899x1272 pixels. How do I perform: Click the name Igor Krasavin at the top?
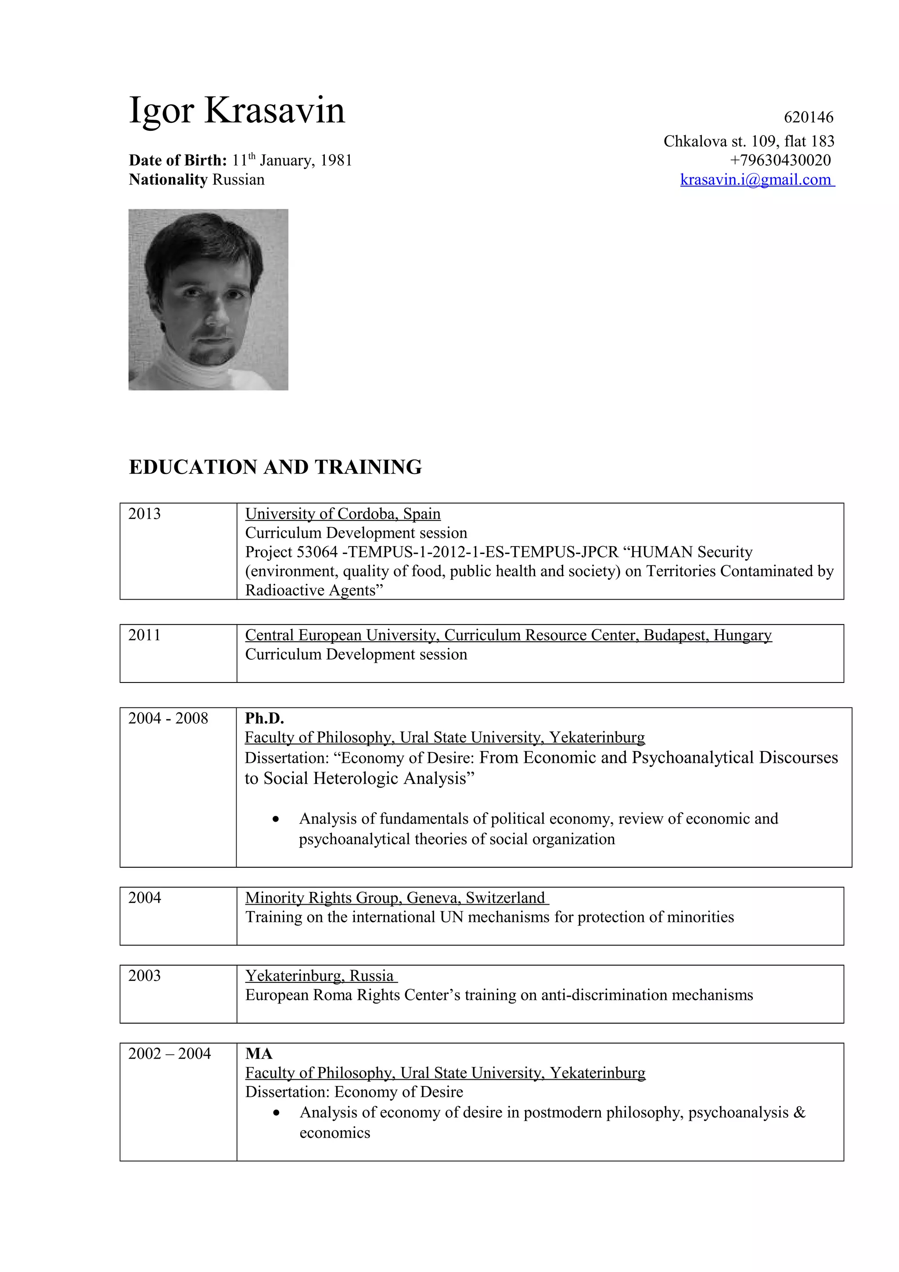point(237,110)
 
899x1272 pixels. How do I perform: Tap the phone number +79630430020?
point(780,160)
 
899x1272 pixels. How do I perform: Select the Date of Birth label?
point(178,161)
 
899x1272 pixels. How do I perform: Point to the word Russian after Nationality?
point(238,180)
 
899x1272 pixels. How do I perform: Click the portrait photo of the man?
point(208,299)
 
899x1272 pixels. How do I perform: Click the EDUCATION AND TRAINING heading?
point(275,467)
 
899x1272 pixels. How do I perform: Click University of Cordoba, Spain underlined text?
point(343,514)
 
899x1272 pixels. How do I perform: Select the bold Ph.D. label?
point(264,718)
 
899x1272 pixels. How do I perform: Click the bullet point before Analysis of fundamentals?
point(275,819)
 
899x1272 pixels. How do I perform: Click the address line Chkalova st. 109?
point(748,141)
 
